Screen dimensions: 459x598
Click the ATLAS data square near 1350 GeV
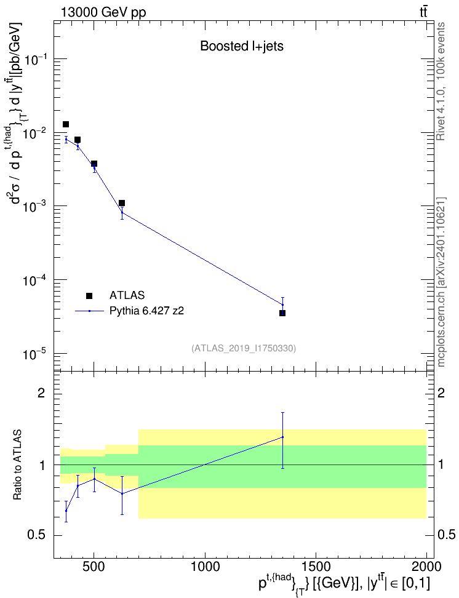(282, 313)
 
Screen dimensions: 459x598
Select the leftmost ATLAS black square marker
(66, 124)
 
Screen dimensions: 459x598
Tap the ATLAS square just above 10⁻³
(122, 203)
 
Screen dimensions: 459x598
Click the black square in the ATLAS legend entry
(89, 295)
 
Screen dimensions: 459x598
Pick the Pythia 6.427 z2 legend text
(146, 311)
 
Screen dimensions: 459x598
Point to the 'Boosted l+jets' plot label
(242, 46)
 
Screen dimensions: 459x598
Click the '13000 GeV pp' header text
(103, 12)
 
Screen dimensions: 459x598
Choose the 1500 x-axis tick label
(316, 567)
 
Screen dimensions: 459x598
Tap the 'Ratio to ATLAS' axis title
(18, 465)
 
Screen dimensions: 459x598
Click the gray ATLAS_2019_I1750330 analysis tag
(244, 348)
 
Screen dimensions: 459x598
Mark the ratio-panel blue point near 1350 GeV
(282, 437)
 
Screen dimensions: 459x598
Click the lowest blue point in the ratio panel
(66, 511)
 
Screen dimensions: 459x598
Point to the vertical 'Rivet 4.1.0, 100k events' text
(441, 82)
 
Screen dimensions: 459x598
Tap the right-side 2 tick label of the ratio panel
(441, 393)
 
